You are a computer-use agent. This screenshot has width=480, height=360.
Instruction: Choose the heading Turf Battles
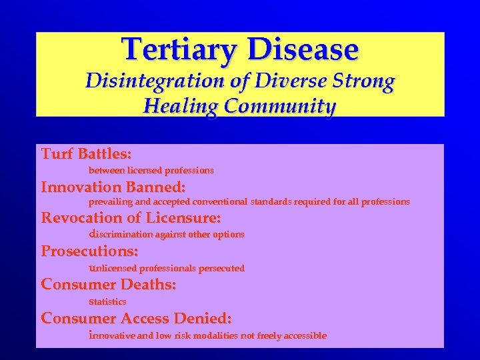click(x=86, y=154)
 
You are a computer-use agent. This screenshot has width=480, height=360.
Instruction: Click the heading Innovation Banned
click(x=113, y=187)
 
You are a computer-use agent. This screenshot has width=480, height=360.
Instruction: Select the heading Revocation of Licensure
click(x=131, y=218)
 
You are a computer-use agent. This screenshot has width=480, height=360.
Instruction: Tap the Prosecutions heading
click(x=89, y=251)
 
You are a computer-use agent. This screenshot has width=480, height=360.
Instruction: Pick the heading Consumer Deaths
click(x=109, y=285)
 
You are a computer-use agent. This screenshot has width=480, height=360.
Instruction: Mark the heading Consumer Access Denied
click(x=136, y=318)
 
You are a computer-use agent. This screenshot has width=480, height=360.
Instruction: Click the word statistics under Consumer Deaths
click(x=107, y=301)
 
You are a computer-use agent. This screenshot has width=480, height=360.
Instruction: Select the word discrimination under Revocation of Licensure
click(x=121, y=234)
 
